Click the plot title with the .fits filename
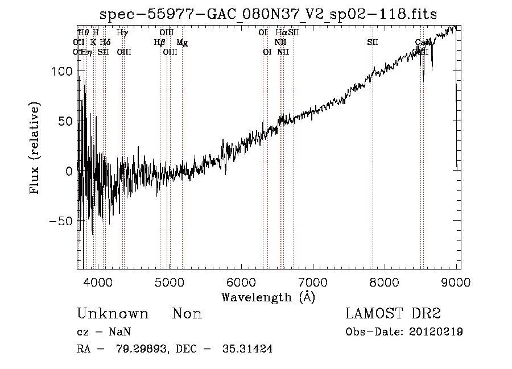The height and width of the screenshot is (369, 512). point(268,14)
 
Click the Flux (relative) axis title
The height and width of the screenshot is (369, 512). point(35,149)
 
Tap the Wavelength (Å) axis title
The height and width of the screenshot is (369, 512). point(268,297)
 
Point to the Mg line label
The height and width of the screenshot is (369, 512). point(182,43)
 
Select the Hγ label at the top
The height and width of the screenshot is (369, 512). point(122,33)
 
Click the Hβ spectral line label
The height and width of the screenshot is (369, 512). point(159,43)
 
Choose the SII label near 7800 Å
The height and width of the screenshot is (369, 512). point(373,43)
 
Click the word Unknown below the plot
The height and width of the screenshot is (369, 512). point(113,314)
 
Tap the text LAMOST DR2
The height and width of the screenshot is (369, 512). point(393,314)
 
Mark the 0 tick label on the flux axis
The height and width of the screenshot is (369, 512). point(68,171)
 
